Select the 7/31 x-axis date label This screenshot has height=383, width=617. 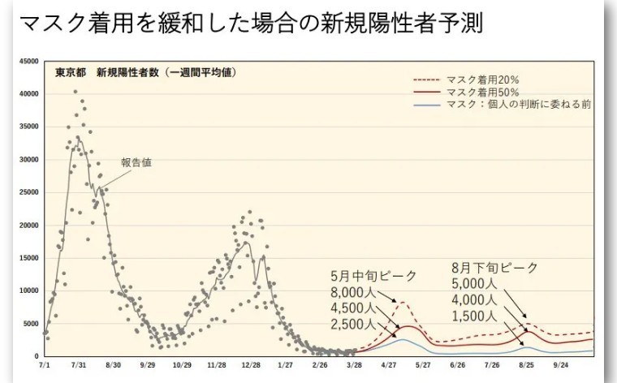click(79, 366)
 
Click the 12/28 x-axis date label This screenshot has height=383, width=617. click(250, 366)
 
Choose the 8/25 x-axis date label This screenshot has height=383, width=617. click(526, 366)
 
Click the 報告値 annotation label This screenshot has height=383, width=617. click(136, 162)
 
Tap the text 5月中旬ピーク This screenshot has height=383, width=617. click(373, 276)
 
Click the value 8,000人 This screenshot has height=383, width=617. click(352, 293)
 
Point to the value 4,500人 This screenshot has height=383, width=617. click(352, 309)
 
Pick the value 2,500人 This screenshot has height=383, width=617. click(352, 325)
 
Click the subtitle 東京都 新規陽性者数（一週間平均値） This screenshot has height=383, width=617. click(145, 73)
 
